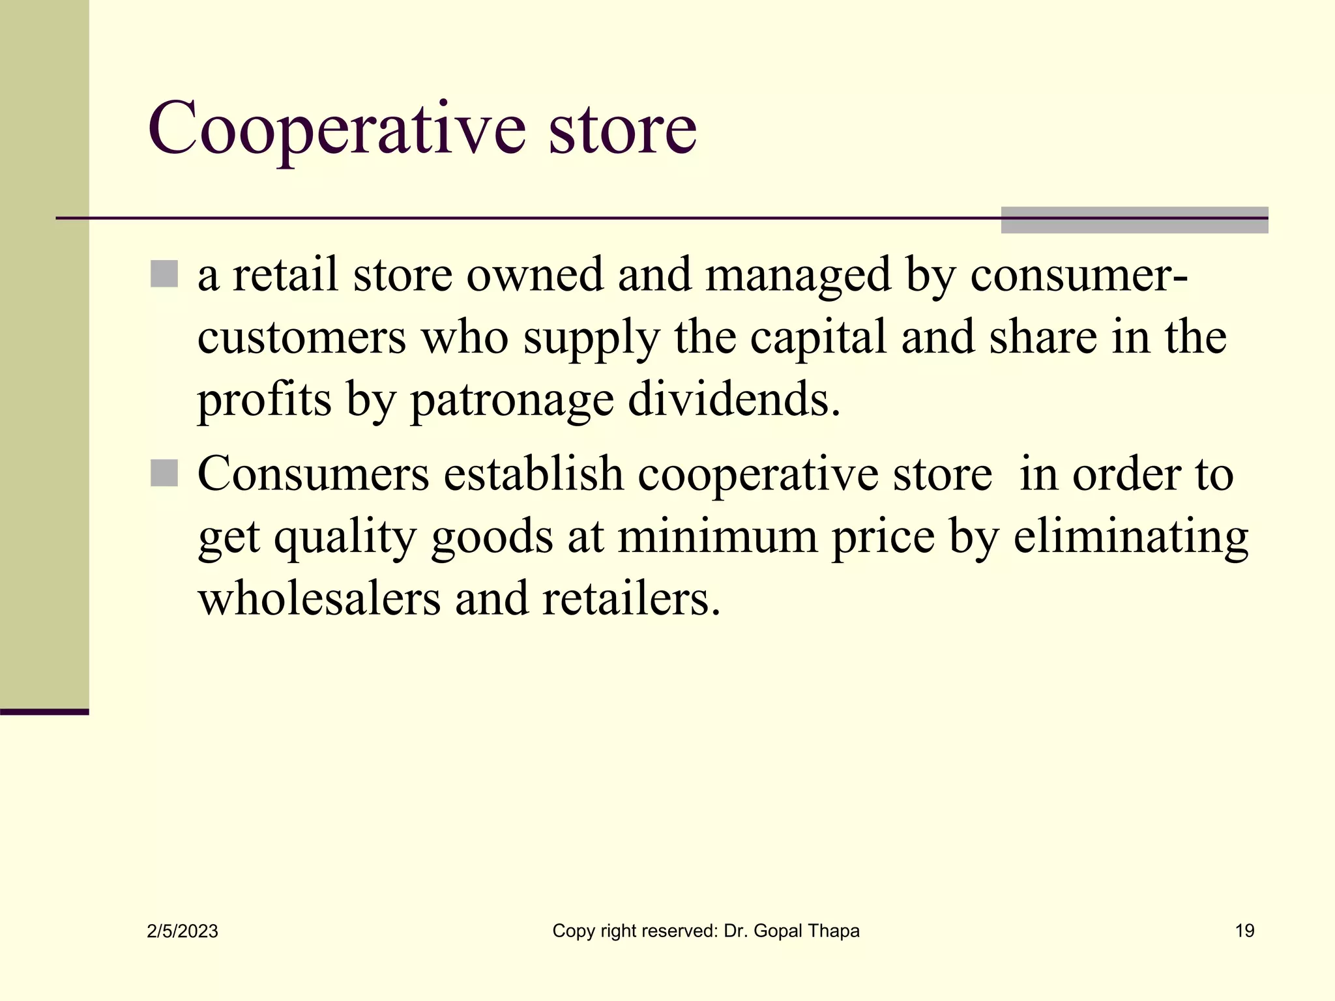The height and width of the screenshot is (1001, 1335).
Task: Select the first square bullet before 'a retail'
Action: click(x=164, y=274)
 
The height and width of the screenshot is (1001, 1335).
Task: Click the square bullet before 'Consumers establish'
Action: click(x=164, y=473)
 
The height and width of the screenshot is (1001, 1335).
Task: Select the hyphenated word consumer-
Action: click(x=1079, y=275)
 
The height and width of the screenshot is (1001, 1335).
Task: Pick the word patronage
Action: click(x=512, y=400)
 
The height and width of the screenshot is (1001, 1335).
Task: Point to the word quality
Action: click(x=344, y=537)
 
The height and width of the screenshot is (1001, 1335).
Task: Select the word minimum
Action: click(x=717, y=536)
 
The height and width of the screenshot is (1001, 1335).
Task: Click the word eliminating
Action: click(x=1130, y=537)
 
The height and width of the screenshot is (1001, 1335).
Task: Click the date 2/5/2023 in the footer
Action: click(x=183, y=931)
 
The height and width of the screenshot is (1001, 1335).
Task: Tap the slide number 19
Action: click(x=1244, y=931)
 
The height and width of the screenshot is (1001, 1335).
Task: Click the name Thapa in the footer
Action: click(x=831, y=931)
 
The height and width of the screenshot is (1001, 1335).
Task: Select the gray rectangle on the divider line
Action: click(x=1134, y=220)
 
